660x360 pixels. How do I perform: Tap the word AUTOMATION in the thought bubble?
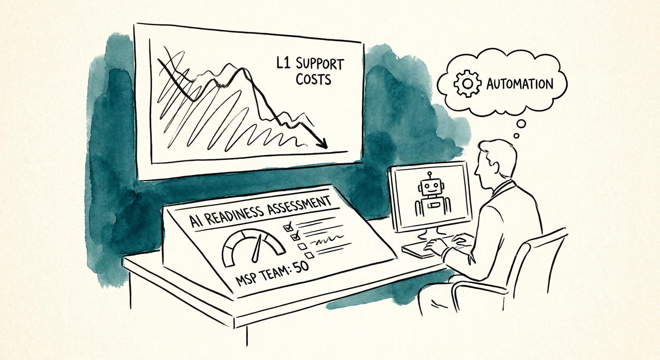tap(519, 84)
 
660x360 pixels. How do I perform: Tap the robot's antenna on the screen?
tap(429, 176)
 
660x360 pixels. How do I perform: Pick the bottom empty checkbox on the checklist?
tap(309, 255)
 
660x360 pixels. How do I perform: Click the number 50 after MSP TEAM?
tap(301, 268)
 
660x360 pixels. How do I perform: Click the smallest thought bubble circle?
tap(517, 136)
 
